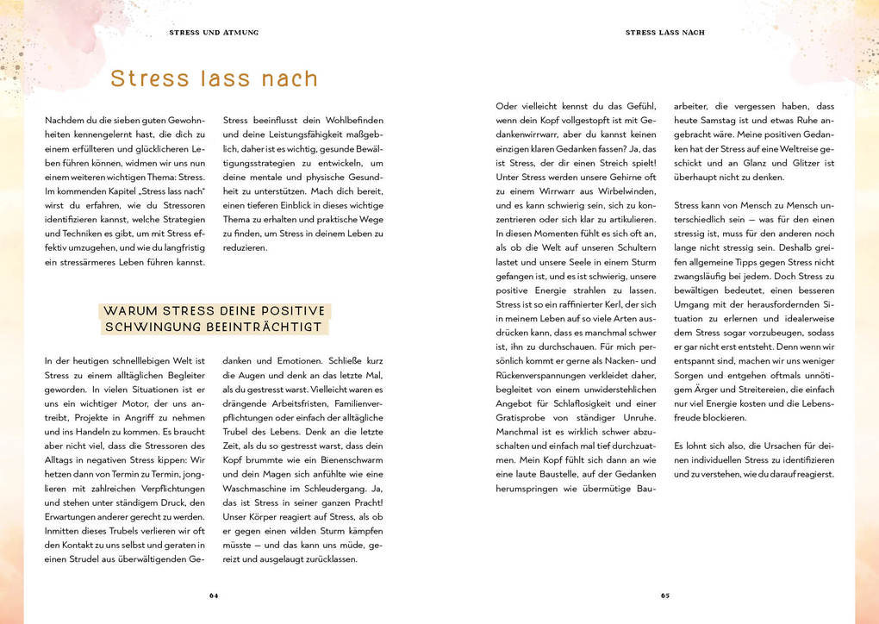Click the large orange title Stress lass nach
214,79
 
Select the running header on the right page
664,33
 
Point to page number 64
214,595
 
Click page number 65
665,595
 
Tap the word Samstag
721,121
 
